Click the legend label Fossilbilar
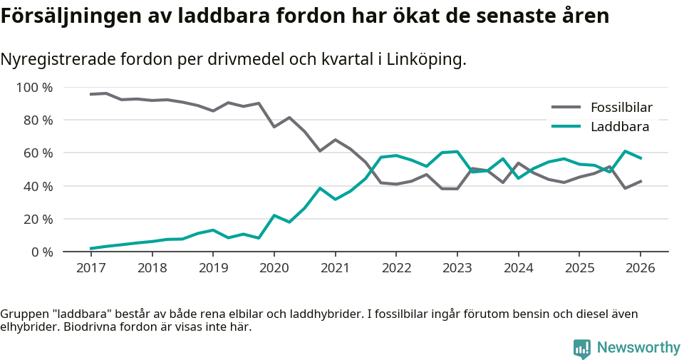point(621,108)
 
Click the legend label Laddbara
point(619,127)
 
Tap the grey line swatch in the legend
point(566,108)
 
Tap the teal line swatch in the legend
point(566,127)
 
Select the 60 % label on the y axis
point(38,153)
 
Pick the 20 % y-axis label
point(38,219)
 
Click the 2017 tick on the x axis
point(90,268)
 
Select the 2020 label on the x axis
point(274,268)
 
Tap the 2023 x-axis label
point(457,268)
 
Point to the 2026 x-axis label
point(640,268)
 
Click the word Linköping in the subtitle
point(425,60)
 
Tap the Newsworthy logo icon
point(581,348)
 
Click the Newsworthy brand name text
point(638,348)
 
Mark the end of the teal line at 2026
point(641,158)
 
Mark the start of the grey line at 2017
point(90,94)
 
